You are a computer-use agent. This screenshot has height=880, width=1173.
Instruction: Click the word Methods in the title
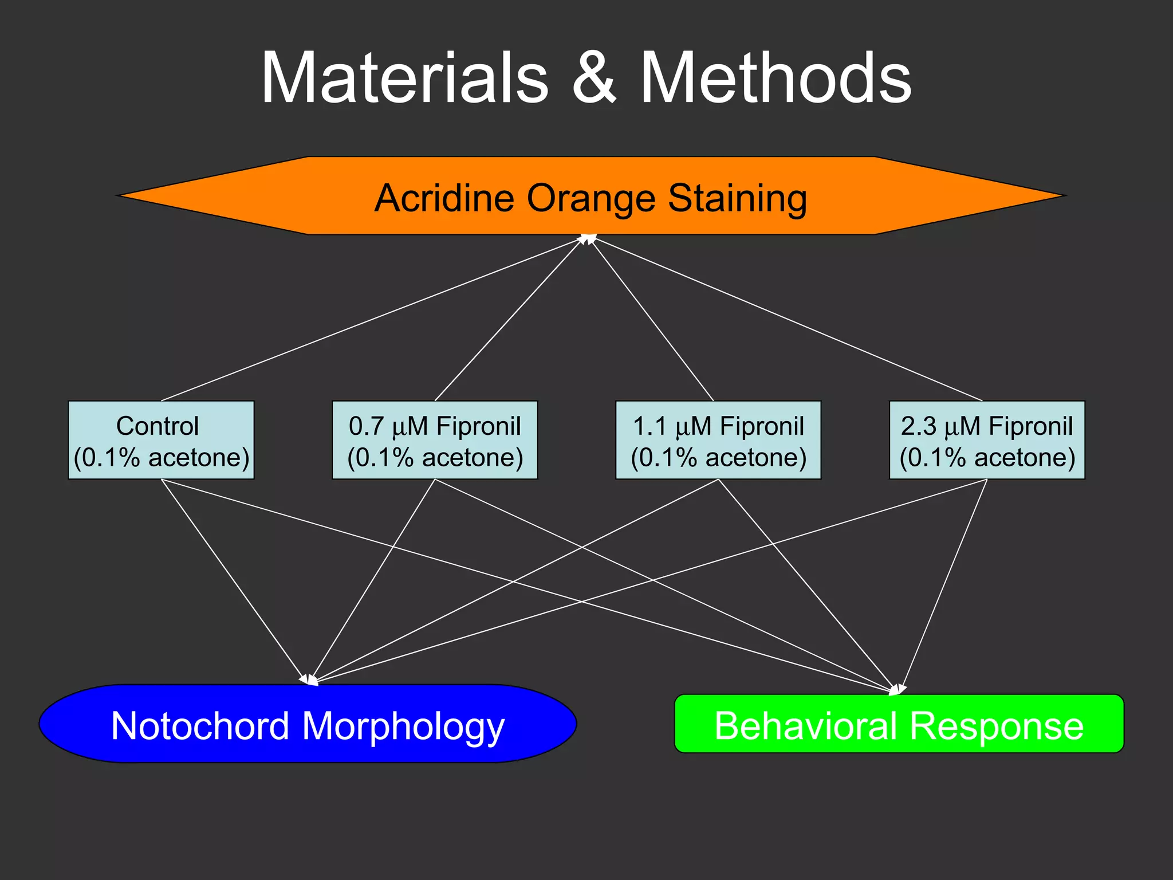(x=774, y=78)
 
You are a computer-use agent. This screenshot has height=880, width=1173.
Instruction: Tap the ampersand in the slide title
(x=594, y=78)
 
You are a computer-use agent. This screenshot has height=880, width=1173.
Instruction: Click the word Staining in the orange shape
(x=737, y=198)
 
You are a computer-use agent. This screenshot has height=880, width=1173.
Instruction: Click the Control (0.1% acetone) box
(x=161, y=440)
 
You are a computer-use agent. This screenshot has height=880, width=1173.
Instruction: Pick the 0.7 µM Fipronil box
(x=435, y=440)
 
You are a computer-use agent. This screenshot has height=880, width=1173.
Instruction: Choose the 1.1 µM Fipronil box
(x=718, y=440)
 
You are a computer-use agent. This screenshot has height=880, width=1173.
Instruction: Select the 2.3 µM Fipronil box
(x=986, y=440)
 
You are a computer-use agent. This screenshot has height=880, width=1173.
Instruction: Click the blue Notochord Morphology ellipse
(x=308, y=724)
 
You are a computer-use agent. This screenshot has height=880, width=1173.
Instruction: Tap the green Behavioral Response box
(x=899, y=724)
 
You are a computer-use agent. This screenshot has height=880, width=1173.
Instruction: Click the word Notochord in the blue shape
(x=201, y=725)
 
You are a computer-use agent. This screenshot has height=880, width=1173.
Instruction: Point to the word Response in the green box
(x=996, y=726)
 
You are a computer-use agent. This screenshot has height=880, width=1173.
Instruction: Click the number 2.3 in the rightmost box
(x=918, y=426)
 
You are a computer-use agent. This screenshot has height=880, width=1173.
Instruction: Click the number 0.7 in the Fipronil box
(x=366, y=426)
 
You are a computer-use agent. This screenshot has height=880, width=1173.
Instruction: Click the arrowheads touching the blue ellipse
(x=309, y=679)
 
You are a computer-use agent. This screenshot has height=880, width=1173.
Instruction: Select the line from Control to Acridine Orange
(x=372, y=319)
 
